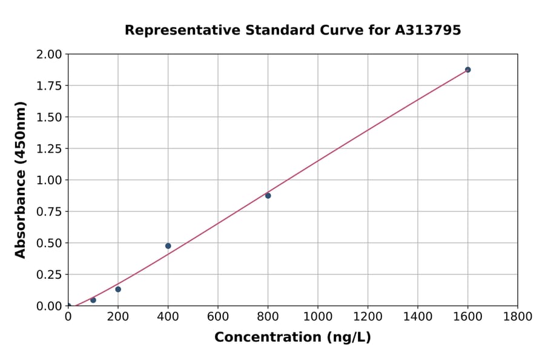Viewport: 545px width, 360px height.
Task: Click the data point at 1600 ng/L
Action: pos(467,70)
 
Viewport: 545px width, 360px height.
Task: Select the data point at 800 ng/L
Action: pos(268,196)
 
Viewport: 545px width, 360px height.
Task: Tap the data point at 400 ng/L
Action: pos(168,246)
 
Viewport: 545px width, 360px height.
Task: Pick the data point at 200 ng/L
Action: pos(118,289)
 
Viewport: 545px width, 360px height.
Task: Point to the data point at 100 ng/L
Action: pos(93,300)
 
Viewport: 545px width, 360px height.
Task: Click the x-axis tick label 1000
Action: pos(318,316)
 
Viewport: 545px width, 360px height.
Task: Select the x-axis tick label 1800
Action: pos(518,316)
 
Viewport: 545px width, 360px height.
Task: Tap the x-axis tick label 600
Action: pos(218,316)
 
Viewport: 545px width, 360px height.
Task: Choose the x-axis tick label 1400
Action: pos(418,316)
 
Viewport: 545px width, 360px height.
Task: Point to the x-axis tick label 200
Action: pos(118,316)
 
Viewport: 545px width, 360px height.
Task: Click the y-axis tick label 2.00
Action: pos(49,55)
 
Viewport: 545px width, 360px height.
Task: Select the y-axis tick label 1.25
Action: pos(49,148)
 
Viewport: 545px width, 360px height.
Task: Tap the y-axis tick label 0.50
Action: pos(49,243)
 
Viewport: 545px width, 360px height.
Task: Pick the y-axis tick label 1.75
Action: pos(49,86)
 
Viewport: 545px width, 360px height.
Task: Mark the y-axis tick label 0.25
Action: pos(49,275)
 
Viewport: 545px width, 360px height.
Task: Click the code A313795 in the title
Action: pos(429,30)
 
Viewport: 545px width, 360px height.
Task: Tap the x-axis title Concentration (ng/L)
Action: pos(292,338)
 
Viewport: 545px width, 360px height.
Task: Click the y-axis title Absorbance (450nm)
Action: pos(21,180)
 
